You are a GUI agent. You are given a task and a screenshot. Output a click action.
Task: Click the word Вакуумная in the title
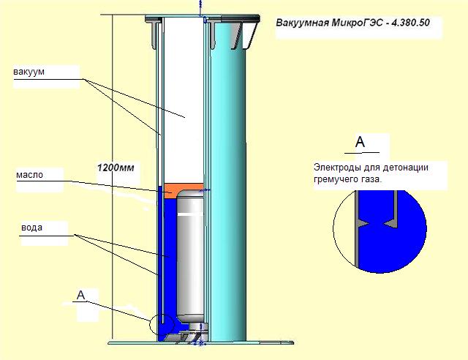(302, 23)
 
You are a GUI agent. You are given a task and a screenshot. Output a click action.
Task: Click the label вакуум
(29, 72)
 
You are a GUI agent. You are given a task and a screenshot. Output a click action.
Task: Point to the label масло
(29, 176)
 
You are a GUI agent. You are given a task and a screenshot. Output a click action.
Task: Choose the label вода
(31, 228)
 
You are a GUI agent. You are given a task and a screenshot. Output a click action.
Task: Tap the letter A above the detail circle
(360, 142)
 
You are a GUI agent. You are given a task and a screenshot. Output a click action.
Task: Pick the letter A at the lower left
(81, 295)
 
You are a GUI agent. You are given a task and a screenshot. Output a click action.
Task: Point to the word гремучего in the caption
(336, 179)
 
